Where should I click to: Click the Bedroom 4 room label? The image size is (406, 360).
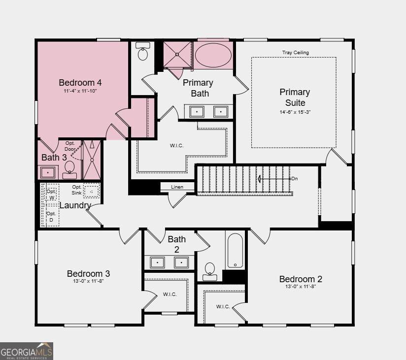[80, 83]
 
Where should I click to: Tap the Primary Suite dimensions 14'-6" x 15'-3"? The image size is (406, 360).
[295, 112]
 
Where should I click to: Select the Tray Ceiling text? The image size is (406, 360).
[296, 53]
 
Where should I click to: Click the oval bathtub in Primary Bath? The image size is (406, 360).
[213, 55]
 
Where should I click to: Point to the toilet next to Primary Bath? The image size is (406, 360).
[143, 51]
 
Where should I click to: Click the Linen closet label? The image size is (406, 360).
[177, 187]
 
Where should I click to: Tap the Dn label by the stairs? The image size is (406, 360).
[295, 179]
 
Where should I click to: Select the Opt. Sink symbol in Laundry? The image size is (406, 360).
[92, 192]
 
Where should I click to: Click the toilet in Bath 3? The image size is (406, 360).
[69, 170]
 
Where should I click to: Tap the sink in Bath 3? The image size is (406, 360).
[48, 172]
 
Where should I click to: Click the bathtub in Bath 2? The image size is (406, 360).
[235, 251]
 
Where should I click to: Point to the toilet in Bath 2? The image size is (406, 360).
[210, 272]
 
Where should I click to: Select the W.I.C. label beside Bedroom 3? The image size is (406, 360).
[169, 295]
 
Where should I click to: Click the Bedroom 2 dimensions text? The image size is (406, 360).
[301, 287]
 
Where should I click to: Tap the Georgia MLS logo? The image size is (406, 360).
[27, 351]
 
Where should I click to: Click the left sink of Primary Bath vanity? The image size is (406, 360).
[197, 111]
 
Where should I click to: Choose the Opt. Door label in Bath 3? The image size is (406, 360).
[70, 146]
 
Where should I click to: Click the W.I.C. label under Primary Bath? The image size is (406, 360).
[176, 146]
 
